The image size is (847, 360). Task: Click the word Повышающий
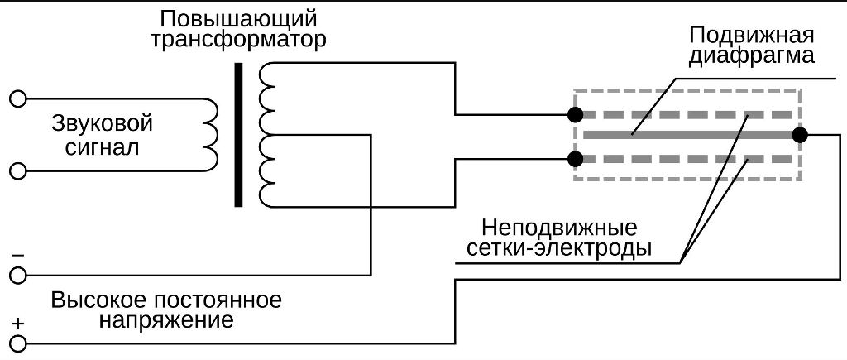click(x=239, y=18)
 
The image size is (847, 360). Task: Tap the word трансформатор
click(x=239, y=40)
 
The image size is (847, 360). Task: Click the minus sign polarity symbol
click(x=18, y=256)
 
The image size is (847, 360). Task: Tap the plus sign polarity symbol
click(x=18, y=323)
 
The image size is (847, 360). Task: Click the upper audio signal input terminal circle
click(x=18, y=99)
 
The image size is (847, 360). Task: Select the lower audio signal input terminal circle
click(x=18, y=171)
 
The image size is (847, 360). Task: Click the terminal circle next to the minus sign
click(x=18, y=274)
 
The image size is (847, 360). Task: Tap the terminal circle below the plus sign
click(x=18, y=342)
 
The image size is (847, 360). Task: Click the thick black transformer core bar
click(x=238, y=134)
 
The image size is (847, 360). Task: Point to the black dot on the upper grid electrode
click(x=577, y=114)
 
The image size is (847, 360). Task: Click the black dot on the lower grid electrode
click(x=577, y=158)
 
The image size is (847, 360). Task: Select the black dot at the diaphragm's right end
click(x=799, y=135)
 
